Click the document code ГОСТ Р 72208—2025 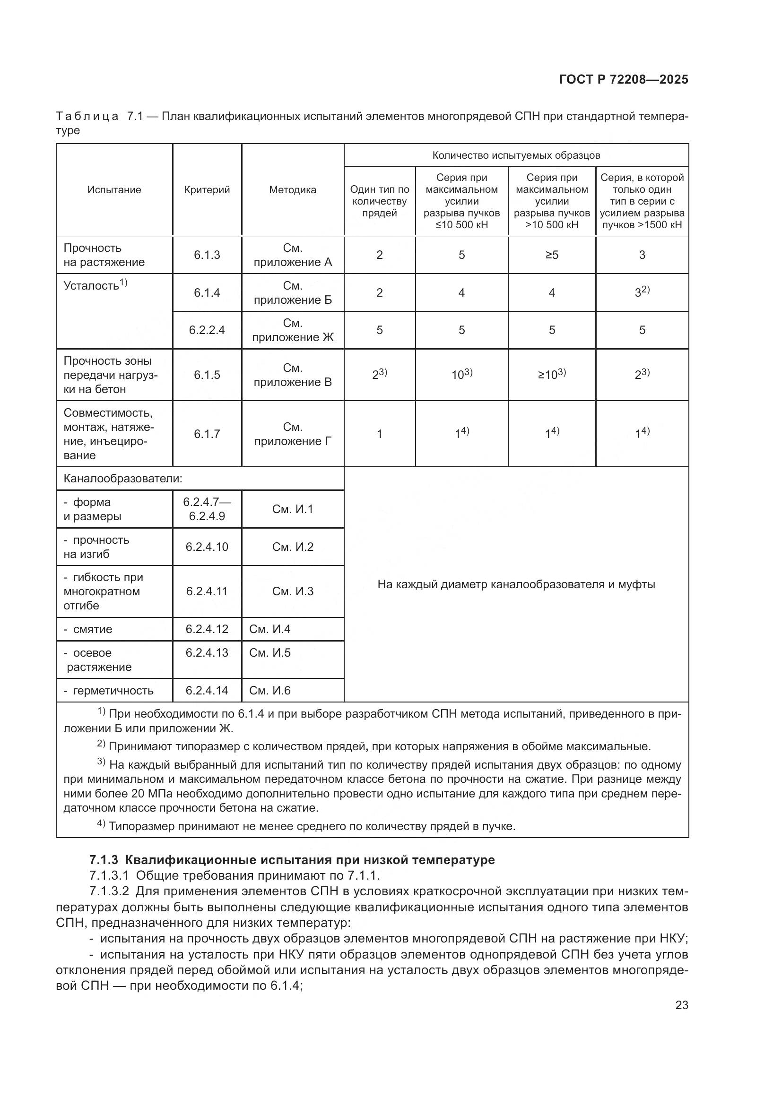point(624,80)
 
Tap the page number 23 point(681,1005)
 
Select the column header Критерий point(207,189)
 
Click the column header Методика point(292,189)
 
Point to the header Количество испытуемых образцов point(516,155)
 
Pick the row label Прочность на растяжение point(104,255)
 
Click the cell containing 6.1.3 point(207,255)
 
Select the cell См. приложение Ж point(292,330)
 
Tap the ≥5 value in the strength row point(552,255)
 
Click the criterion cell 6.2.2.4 point(207,330)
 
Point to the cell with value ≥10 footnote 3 point(552,375)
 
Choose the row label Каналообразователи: point(123,479)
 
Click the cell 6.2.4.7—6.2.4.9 point(207,509)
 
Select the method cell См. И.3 point(292,591)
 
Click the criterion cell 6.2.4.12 point(207,629)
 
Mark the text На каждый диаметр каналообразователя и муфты point(516,584)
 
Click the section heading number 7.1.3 point(104,860)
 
